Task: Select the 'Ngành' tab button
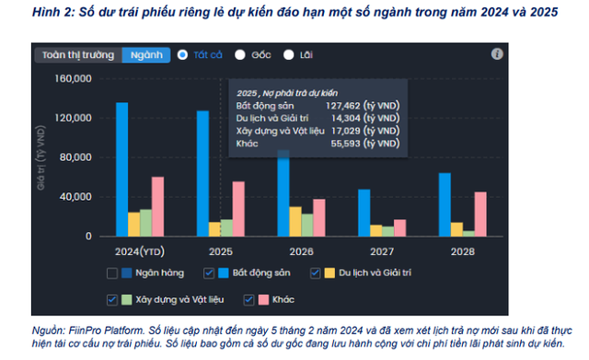(x=145, y=54)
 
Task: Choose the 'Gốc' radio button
(x=241, y=54)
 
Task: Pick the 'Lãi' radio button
(x=289, y=54)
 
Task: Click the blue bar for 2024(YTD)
(x=121, y=169)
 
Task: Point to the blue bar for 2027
(x=364, y=213)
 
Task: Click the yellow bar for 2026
(x=295, y=221)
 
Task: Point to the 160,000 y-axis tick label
(x=73, y=78)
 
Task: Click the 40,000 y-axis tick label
(x=76, y=197)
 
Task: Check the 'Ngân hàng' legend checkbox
(x=112, y=273)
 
